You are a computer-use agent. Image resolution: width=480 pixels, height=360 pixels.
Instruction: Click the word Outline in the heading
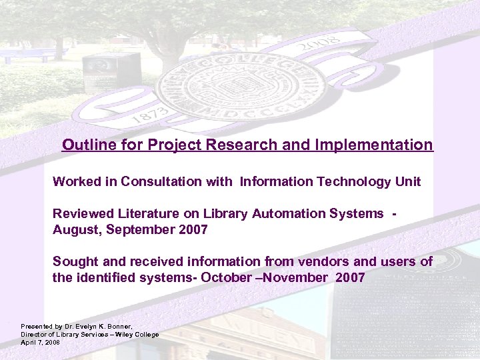tap(84, 145)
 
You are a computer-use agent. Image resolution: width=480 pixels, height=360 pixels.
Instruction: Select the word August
tap(73, 229)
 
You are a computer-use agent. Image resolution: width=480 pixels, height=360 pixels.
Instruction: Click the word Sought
tap(73, 261)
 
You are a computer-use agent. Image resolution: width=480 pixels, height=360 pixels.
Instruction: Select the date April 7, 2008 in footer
tap(40, 341)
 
